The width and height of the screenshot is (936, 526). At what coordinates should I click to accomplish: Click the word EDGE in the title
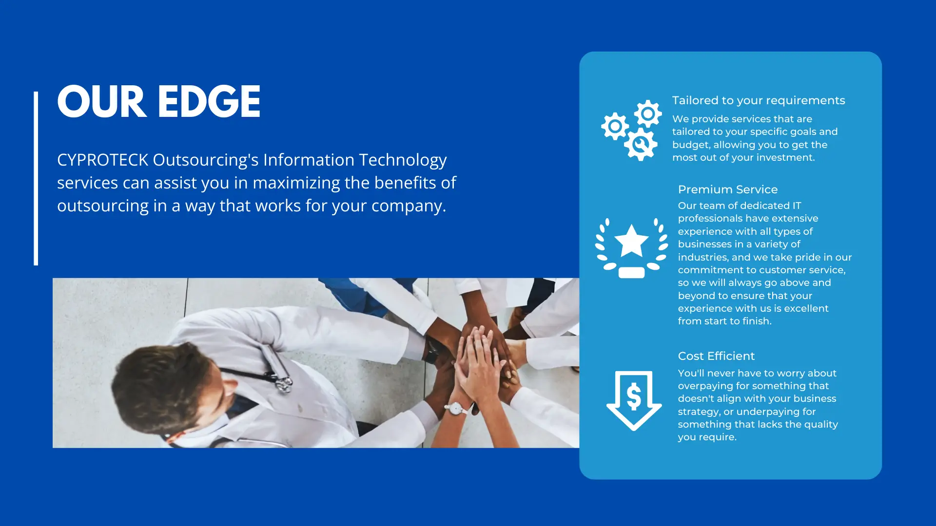(x=209, y=101)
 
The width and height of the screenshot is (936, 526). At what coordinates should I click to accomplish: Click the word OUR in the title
(x=102, y=101)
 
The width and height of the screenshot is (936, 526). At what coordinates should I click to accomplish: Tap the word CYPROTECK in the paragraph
(x=103, y=160)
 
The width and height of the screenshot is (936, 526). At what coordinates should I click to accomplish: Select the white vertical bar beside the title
(x=36, y=178)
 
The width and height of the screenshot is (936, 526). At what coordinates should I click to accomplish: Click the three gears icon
(x=632, y=130)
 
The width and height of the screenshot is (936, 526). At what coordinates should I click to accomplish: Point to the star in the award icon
(x=631, y=240)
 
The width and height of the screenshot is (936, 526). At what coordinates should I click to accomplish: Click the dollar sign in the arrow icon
(x=634, y=396)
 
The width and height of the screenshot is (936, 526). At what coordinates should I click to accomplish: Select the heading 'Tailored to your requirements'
(x=759, y=100)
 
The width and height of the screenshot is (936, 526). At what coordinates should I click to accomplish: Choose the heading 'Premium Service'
(x=728, y=189)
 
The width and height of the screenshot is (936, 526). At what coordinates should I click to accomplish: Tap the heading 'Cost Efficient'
(x=716, y=356)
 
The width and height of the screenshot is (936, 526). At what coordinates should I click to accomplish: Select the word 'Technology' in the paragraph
(x=403, y=160)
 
